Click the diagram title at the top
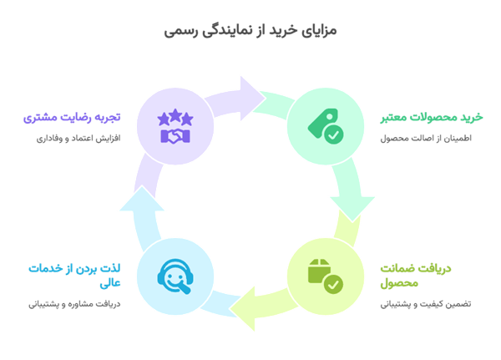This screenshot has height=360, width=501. point(250,31)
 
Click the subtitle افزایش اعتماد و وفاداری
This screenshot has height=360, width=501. point(78,138)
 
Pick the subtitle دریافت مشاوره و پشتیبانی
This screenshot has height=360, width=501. point(79,305)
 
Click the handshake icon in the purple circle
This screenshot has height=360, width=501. point(175,134)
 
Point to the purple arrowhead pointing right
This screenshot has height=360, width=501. point(250,94)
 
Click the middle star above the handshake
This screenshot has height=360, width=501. point(175,116)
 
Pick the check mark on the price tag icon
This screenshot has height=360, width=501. point(332,134)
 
